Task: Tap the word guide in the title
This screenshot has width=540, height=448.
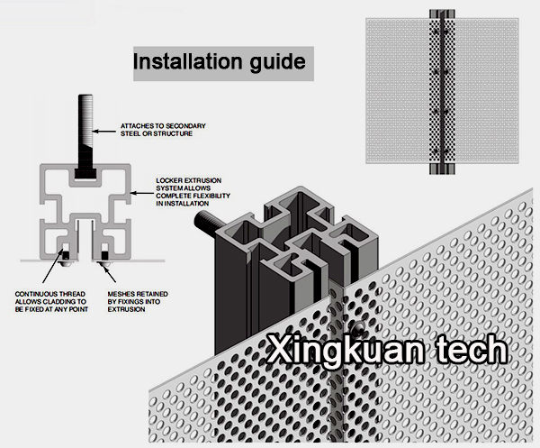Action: [275, 63]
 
